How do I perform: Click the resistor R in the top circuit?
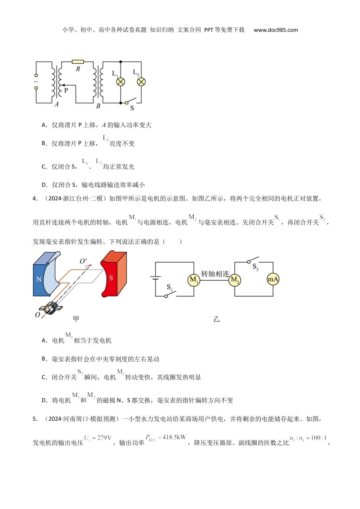(78, 62)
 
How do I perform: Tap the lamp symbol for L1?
(121, 82)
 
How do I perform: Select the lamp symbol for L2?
(141, 82)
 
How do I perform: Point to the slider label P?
(66, 91)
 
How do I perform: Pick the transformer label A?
(56, 104)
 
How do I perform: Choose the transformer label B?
(98, 106)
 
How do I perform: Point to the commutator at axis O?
(51, 308)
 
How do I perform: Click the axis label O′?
(83, 262)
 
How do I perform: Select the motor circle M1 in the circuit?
(194, 280)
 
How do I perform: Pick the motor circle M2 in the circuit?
(235, 280)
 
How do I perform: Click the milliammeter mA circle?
(273, 279)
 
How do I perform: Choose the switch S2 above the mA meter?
(253, 260)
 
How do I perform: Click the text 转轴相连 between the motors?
(215, 274)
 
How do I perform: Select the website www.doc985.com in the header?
(275, 30)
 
